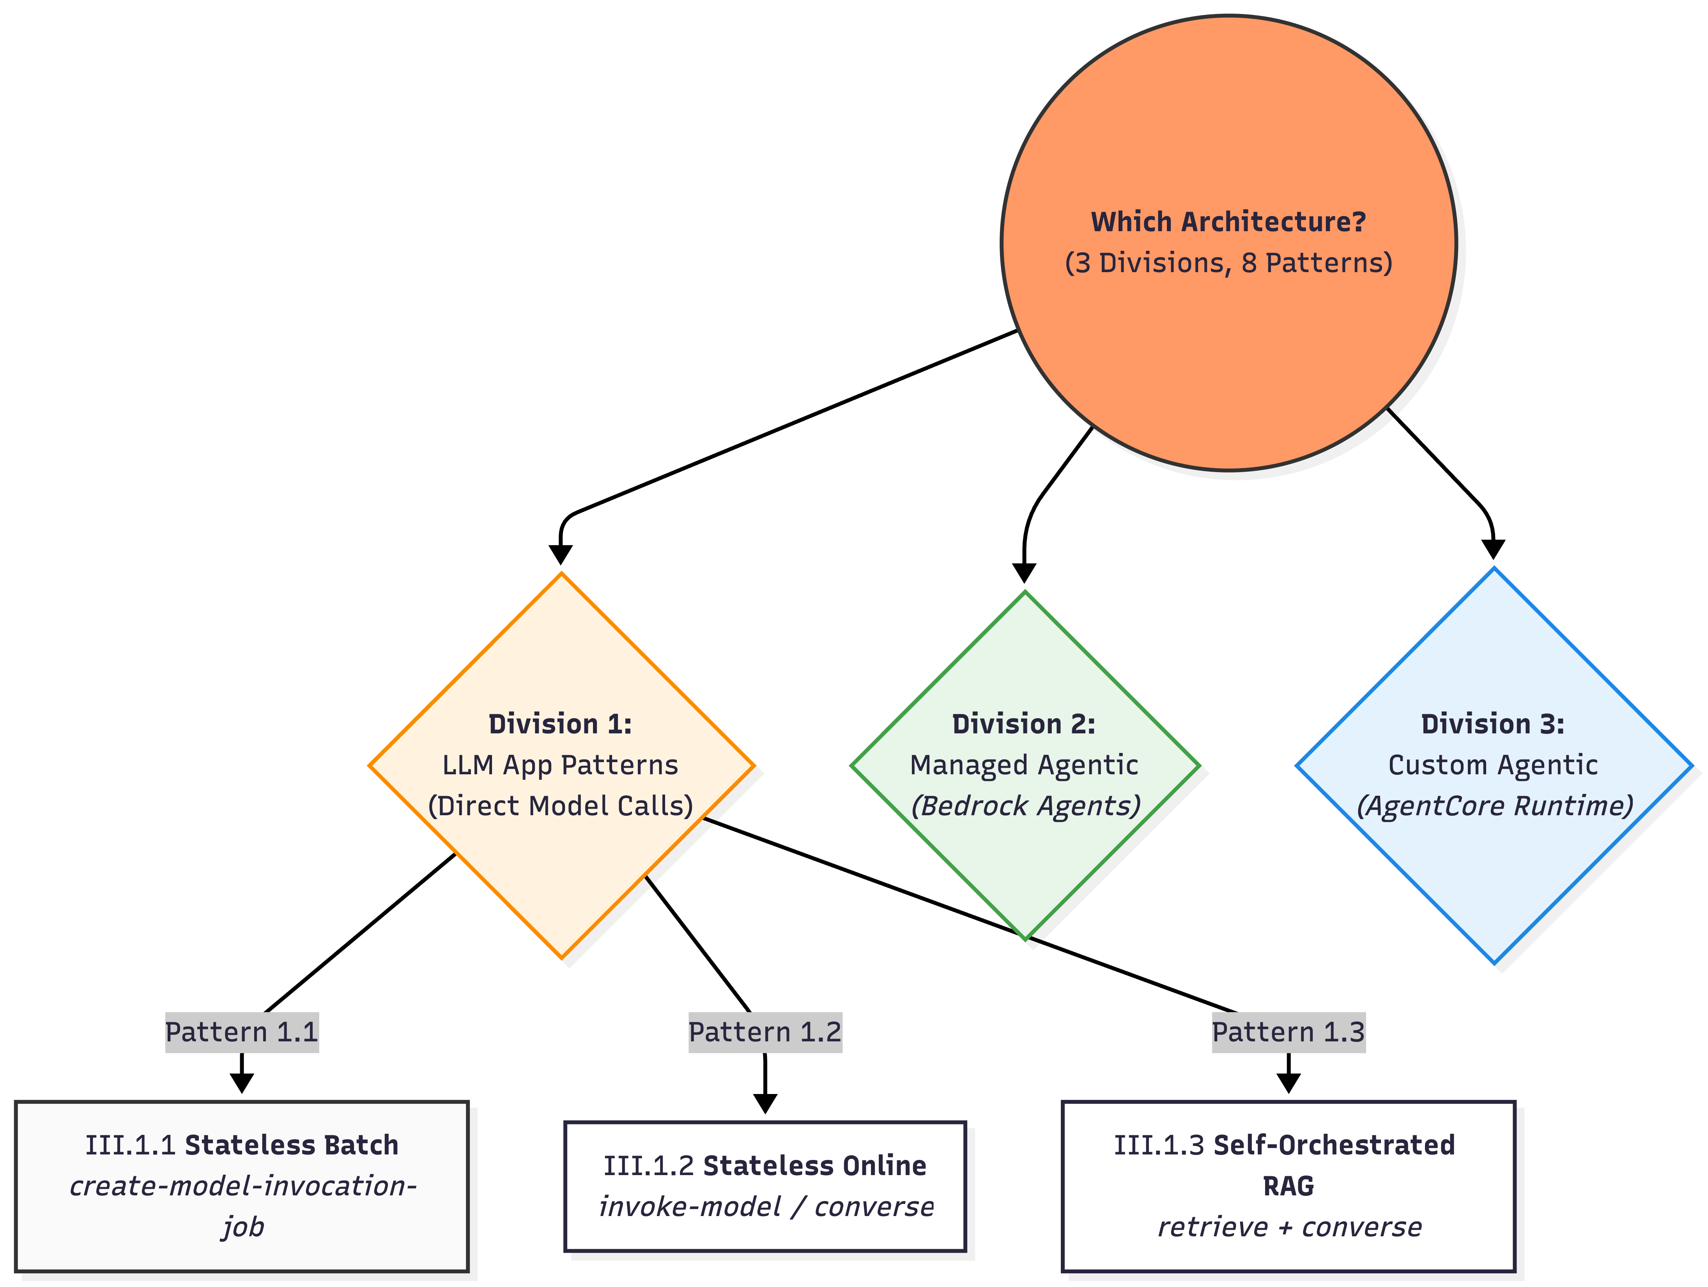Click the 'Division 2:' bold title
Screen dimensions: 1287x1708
pos(1024,724)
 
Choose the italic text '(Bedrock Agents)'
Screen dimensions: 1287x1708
pos(1025,806)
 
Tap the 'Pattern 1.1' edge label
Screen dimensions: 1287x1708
pos(242,1032)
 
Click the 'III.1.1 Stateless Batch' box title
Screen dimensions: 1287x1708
pos(242,1145)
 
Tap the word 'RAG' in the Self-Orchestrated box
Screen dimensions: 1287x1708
pos(1288,1186)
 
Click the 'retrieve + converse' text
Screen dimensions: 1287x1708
pos(1290,1227)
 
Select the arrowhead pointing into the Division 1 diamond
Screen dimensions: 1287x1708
pos(561,555)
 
